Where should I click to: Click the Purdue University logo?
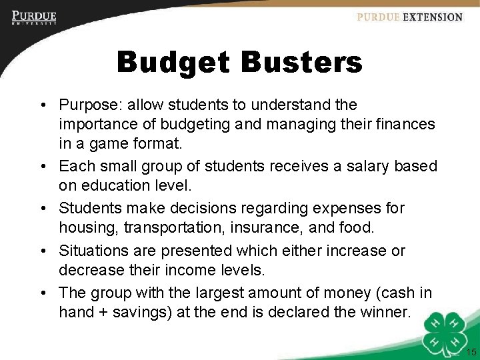coord(34,17)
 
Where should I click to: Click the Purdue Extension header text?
coord(409,17)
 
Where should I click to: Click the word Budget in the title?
coord(173,63)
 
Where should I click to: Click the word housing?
coord(83,227)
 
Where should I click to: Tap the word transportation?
coord(155,227)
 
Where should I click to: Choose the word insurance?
coord(253,227)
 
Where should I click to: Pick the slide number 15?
coord(471,353)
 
